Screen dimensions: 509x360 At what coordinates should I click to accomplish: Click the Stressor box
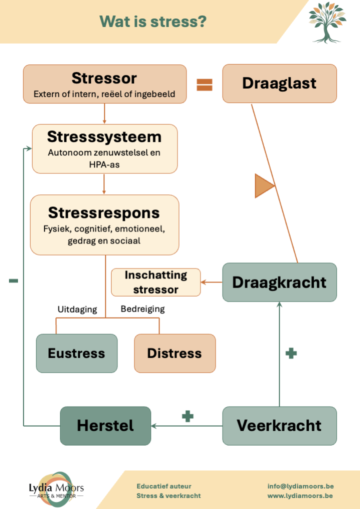tap(104, 84)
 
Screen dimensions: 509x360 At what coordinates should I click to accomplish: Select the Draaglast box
tap(279, 83)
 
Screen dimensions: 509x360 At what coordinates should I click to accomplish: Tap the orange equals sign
tap(204, 85)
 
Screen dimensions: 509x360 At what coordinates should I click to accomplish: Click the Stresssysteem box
tap(104, 148)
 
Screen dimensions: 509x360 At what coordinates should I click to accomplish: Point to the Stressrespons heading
tap(104, 212)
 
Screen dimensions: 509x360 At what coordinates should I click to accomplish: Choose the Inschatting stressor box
tap(155, 282)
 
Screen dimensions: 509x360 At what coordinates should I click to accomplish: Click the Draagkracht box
tap(279, 282)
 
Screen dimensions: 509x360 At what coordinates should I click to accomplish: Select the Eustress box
tap(76, 353)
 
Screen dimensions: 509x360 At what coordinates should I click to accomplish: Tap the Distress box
tap(174, 353)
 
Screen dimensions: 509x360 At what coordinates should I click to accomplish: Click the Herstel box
tap(105, 425)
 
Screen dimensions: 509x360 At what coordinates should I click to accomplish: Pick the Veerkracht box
tap(279, 425)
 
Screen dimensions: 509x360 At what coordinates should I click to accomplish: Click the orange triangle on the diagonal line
tap(264, 186)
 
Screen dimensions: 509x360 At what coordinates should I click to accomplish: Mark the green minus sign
tap(13, 281)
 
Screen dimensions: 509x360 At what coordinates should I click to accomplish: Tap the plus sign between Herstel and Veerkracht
tap(187, 416)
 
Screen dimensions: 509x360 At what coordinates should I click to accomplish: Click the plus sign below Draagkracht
tap(291, 353)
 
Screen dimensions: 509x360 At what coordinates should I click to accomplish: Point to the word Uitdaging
tap(77, 309)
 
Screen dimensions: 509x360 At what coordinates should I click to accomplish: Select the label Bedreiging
tap(142, 309)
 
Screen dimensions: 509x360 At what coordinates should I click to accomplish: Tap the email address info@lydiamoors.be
tap(300, 486)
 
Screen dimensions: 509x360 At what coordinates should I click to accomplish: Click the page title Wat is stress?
tap(153, 22)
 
